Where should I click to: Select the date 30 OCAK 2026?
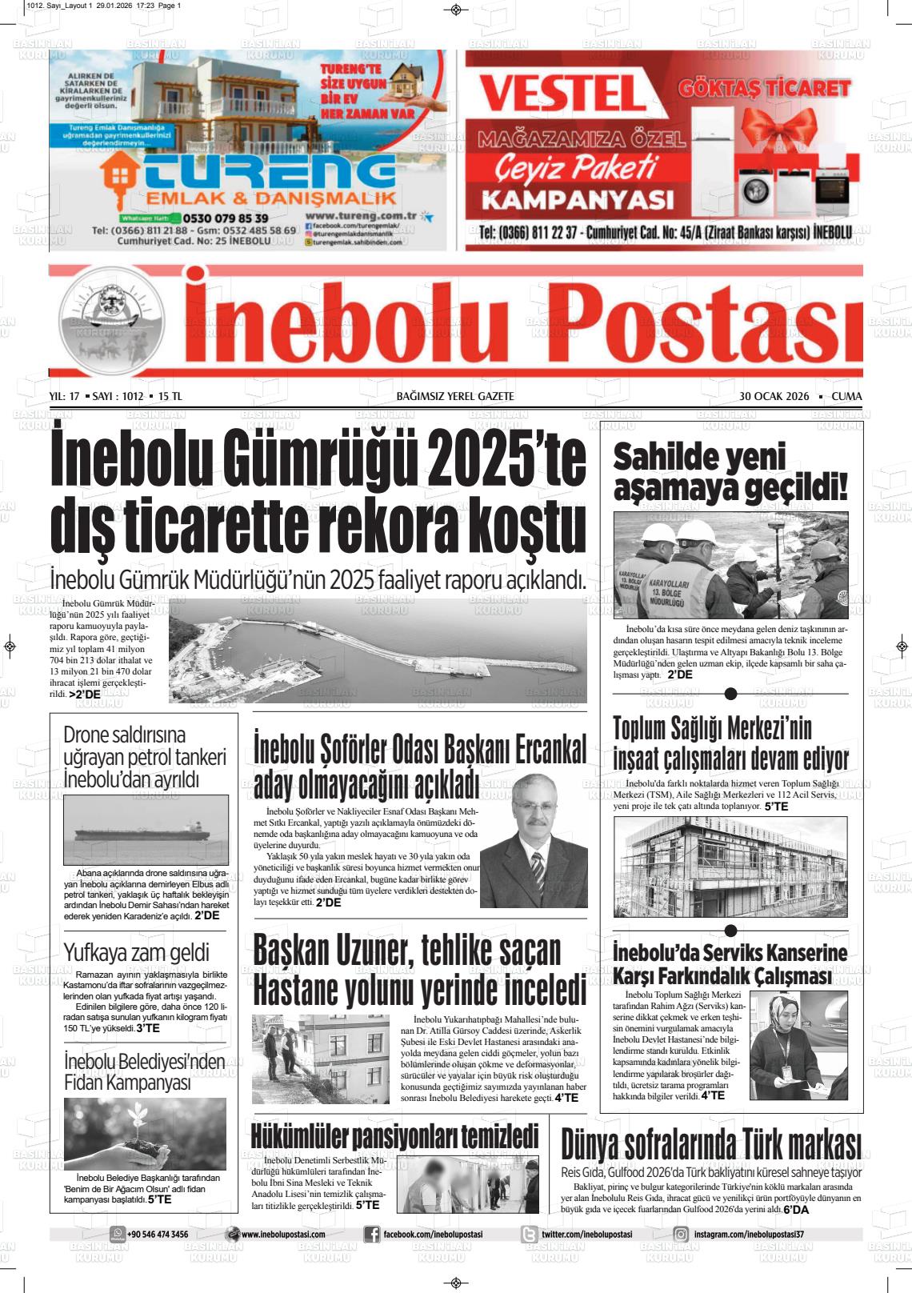point(774,397)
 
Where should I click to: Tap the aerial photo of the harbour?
point(377,651)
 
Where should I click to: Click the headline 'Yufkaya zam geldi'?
point(136,952)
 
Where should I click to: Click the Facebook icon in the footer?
point(371,1235)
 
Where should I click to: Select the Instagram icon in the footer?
point(681,1235)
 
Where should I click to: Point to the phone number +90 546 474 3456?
point(158,1235)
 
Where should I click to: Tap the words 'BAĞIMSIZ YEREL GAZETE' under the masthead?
point(455,397)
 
